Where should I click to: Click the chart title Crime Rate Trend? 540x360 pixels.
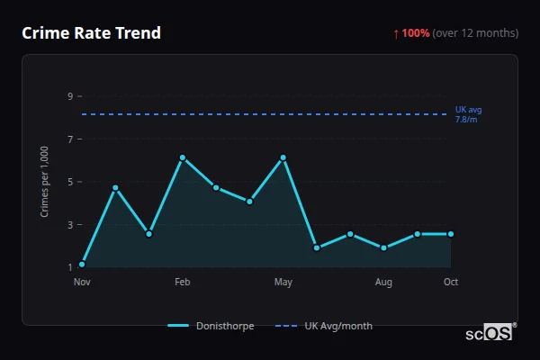point(91,33)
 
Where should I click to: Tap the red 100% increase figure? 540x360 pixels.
point(416,33)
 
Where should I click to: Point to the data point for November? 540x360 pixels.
point(82,265)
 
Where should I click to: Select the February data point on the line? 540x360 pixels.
point(183,157)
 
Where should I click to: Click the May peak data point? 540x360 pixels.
point(283,157)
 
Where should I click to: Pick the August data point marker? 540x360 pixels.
point(384,247)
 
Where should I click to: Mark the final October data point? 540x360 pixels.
point(451,234)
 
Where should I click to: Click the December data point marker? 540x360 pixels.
point(115,187)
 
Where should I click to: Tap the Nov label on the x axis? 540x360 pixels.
point(82,283)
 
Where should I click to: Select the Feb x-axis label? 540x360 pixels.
point(183,283)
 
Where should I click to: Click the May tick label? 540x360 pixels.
point(283,283)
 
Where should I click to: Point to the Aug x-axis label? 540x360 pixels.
point(384,283)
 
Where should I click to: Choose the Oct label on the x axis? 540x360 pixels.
point(451,283)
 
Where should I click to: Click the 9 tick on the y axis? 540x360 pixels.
point(69,95)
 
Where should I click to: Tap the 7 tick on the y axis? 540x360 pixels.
point(69,139)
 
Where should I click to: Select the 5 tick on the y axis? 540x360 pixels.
point(69,182)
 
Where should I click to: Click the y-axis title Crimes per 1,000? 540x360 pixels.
point(44,181)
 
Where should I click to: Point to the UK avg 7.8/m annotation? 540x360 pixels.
point(468,114)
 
